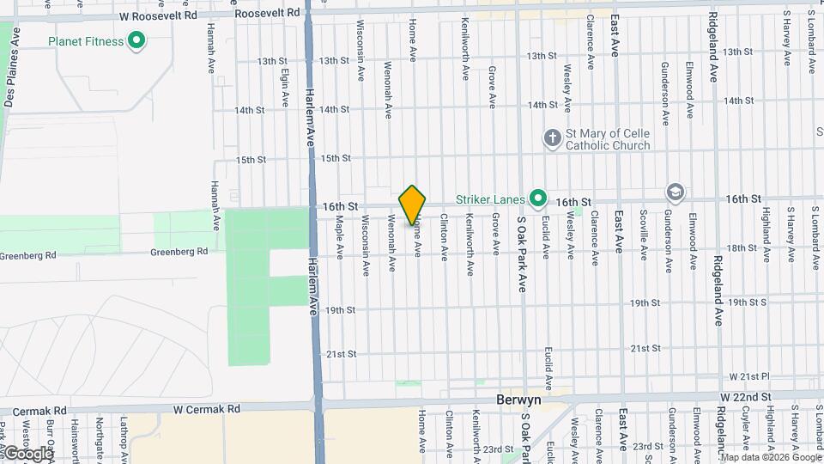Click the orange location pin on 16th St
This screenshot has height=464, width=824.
click(412, 205)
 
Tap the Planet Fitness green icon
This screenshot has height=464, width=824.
click(136, 40)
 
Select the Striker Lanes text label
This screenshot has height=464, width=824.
click(490, 199)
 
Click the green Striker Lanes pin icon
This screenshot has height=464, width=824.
click(537, 199)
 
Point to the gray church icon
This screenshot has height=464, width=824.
click(553, 138)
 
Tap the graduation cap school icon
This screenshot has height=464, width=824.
click(675, 192)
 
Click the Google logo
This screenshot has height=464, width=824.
click(27, 452)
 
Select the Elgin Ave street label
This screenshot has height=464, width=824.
click(284, 87)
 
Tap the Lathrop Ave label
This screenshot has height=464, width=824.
click(124, 436)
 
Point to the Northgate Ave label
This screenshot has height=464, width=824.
click(100, 437)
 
